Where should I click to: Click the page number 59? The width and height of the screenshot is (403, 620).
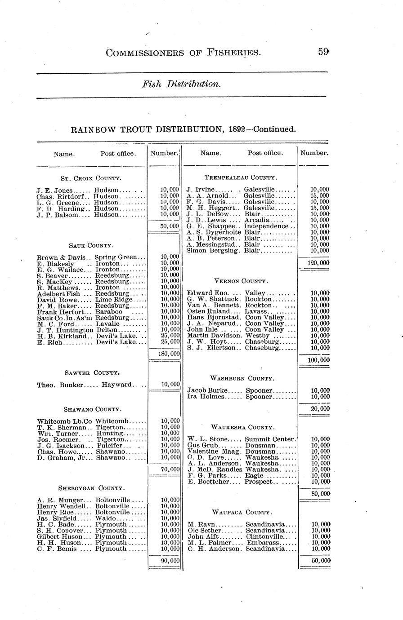pyautogui.click(x=323, y=52)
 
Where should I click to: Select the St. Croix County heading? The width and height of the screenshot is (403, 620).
pyautogui.click(x=91, y=178)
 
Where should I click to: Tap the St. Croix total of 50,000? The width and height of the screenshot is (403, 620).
pyautogui.click(x=170, y=226)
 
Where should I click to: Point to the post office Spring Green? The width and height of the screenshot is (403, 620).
pyautogui.click(x=120, y=257)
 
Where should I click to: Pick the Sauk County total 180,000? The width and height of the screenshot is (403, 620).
pyautogui.click(x=169, y=354)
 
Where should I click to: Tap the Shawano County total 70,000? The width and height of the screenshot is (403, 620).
pyautogui.click(x=170, y=469)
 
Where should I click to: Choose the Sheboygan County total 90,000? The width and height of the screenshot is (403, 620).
pyautogui.click(x=170, y=561)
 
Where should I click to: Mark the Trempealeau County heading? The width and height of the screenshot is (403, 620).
pyautogui.click(x=241, y=178)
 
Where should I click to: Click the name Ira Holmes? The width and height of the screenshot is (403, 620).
pyautogui.click(x=207, y=397)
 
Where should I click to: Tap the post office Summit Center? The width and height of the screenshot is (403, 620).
pyautogui.click(x=270, y=439)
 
